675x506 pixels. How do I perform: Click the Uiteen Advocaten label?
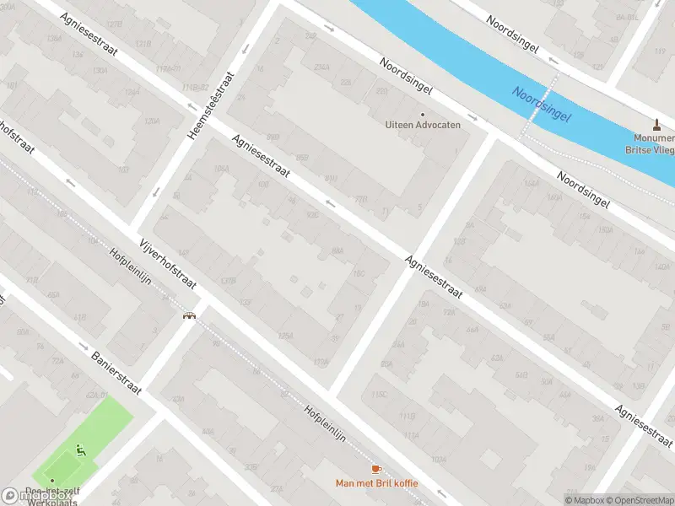pyautogui.click(x=423, y=125)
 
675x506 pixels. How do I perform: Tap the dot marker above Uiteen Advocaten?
pyautogui.click(x=423, y=115)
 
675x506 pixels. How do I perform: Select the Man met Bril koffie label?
pyautogui.click(x=375, y=483)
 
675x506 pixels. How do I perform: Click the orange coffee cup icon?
pyautogui.click(x=375, y=470)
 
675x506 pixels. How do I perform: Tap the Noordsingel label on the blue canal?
pyautogui.click(x=541, y=103)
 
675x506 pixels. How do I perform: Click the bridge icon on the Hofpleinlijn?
pyautogui.click(x=190, y=317)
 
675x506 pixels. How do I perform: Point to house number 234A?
pyautogui.click(x=321, y=67)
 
